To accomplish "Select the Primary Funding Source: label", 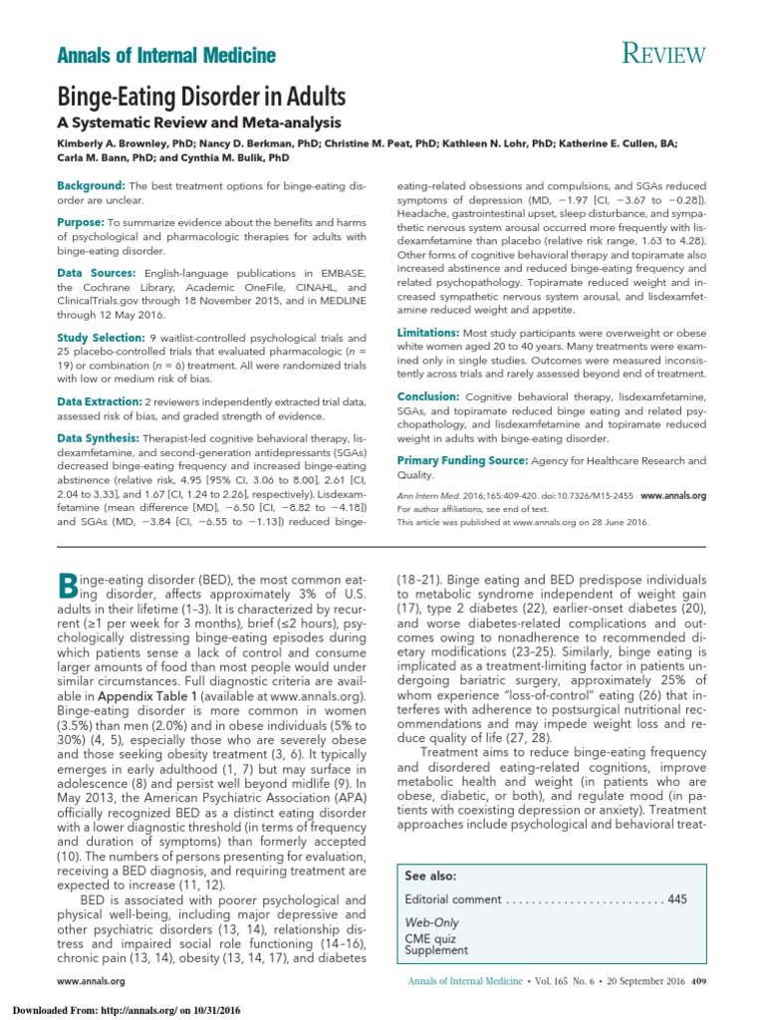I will click(462, 460).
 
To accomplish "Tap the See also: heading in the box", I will click(431, 876).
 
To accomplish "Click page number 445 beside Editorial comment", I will click(677, 899).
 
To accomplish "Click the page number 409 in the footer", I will click(698, 981).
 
